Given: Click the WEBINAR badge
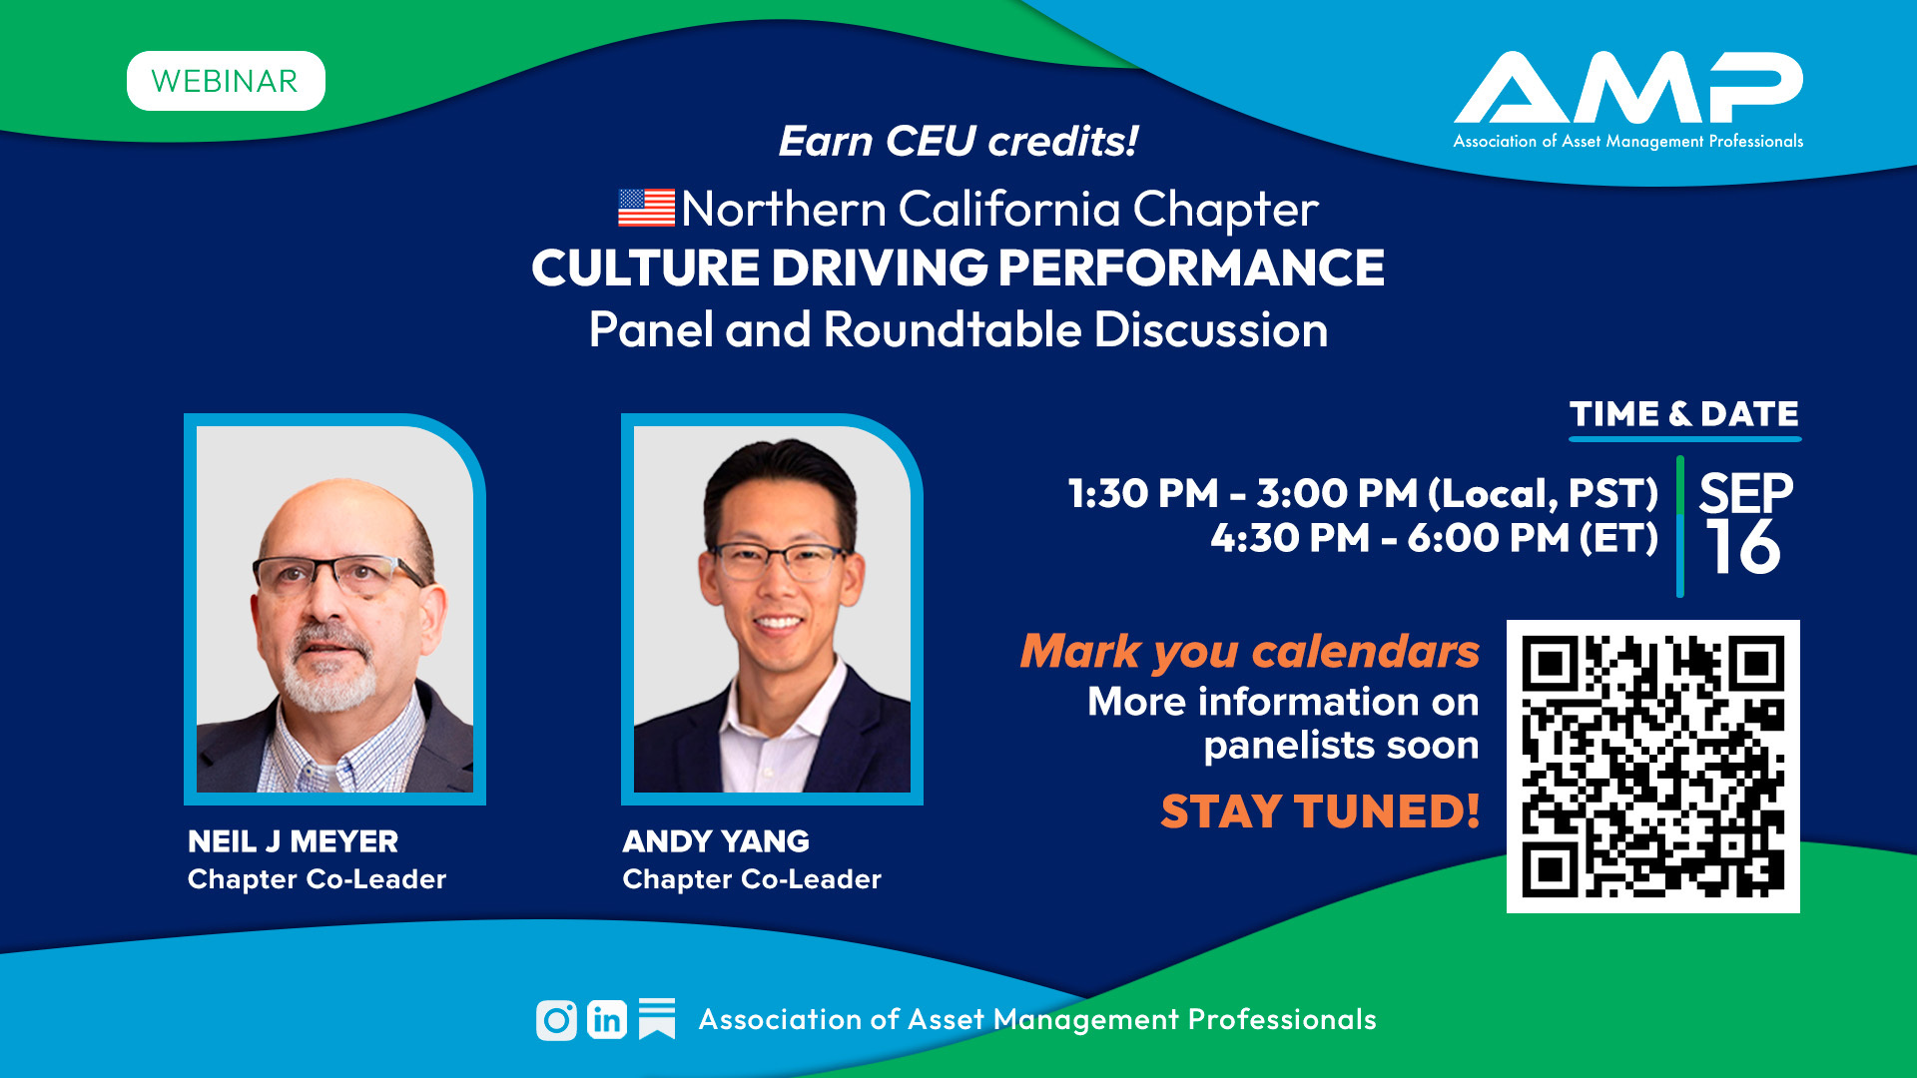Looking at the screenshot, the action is pos(226,81).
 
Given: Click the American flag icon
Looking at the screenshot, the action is pos(646,208).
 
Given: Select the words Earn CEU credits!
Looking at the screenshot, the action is pos(958,142).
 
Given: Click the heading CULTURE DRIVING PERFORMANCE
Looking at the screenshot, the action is pos(958,268).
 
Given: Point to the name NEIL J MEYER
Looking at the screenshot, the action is pos(293,841).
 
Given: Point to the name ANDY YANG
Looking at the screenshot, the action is pos(716,841).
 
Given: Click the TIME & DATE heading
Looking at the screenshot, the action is pos(1684,414).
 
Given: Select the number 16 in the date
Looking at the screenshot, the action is pos(1742,547).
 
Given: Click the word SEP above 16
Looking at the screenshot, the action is pos(1746,492).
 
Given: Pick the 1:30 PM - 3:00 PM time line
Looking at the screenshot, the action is pos(1363,493).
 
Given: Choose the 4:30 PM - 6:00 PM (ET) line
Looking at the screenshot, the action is pos(1434,538).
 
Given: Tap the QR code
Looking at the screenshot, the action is pos(1653,767).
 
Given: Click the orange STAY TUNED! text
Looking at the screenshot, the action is pos(1320,810).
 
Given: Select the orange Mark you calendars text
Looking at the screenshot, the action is pos(1249,652).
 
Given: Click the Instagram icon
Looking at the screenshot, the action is pos(556,1020).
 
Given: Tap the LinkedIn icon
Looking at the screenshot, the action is pos(607,1020).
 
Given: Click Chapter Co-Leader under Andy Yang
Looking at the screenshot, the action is pos(752,879).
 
